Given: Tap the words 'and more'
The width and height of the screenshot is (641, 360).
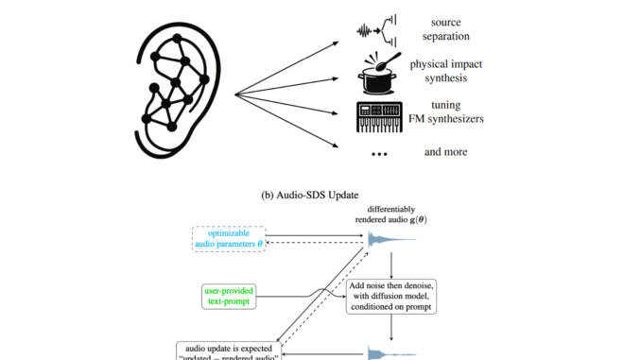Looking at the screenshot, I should click(x=449, y=151).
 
